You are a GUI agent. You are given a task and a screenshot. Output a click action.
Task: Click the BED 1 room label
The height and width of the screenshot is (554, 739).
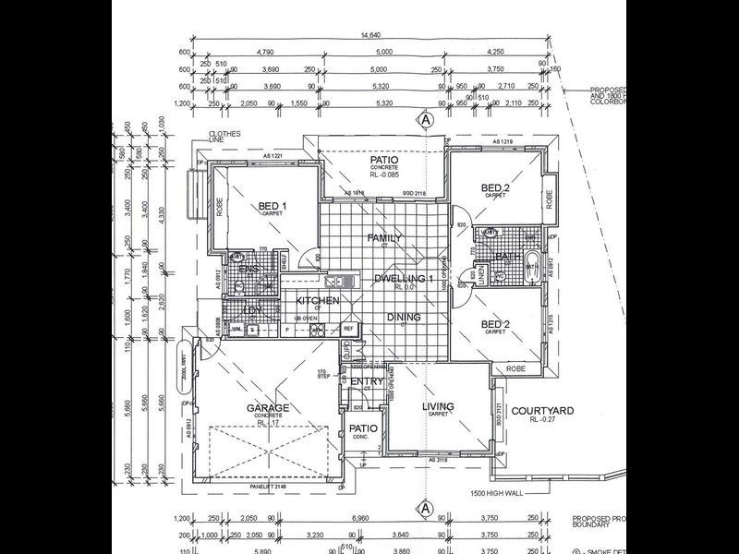pos(272,206)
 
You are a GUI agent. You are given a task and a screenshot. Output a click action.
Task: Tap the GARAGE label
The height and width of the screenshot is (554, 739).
pos(267,407)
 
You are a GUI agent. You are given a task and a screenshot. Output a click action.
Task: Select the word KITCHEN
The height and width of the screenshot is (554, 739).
pos(318,301)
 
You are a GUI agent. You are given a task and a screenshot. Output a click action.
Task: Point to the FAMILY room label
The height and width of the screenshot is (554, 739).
pos(384,238)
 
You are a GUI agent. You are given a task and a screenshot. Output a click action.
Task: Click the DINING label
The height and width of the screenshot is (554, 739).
pos(404,318)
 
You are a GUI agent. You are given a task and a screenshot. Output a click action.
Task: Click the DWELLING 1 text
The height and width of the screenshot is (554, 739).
pos(404,279)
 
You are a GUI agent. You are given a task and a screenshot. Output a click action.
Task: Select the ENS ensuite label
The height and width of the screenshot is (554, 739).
pos(248,269)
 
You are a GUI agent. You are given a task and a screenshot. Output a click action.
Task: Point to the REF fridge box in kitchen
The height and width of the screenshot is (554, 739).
pos(348,329)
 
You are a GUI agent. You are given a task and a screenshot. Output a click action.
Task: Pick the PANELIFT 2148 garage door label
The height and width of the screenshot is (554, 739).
pos(271,486)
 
